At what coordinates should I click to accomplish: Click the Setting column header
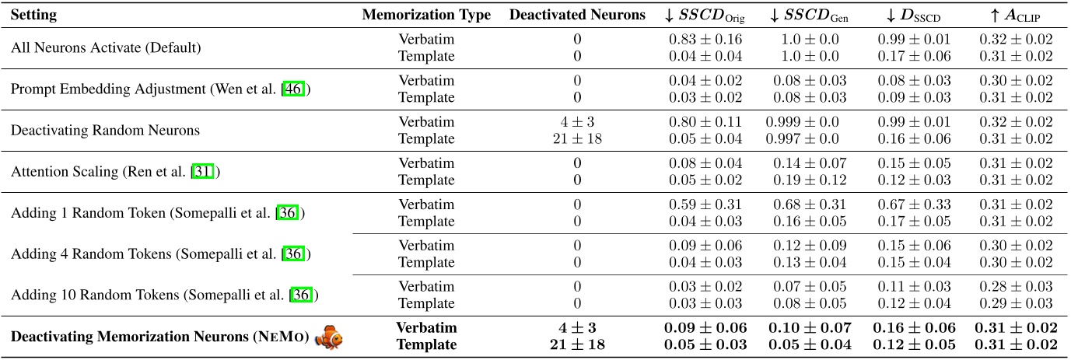pyautogui.click(x=33, y=15)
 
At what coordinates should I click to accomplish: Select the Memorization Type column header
pyautogui.click(x=426, y=15)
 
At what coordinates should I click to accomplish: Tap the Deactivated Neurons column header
pyautogui.click(x=577, y=15)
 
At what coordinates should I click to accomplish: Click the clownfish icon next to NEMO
pyautogui.click(x=329, y=337)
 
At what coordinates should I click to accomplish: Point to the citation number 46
pyautogui.click(x=293, y=89)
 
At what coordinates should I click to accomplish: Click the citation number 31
pyautogui.click(x=202, y=172)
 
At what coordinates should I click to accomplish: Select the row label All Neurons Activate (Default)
pyautogui.click(x=106, y=47)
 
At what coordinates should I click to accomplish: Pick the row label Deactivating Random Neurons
pyautogui.click(x=105, y=131)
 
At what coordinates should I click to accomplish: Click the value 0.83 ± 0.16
pyautogui.click(x=705, y=39)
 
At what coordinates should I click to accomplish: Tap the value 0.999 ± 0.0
pyautogui.click(x=802, y=122)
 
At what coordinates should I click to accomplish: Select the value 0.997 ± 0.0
pyautogui.click(x=802, y=138)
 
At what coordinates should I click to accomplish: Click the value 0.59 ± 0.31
pyautogui.click(x=705, y=204)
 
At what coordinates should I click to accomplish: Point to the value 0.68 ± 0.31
pyautogui.click(x=810, y=204)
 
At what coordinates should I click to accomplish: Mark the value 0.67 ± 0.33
pyautogui.click(x=914, y=204)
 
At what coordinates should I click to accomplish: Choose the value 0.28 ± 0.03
pyautogui.click(x=1016, y=287)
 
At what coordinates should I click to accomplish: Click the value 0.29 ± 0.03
pyautogui.click(x=1016, y=303)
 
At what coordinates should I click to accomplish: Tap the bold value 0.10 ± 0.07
pyautogui.click(x=810, y=328)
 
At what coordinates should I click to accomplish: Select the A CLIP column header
pyautogui.click(x=1015, y=16)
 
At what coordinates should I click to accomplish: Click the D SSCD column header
pyautogui.click(x=913, y=16)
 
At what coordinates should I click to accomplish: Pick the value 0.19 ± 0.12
pyautogui.click(x=810, y=180)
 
